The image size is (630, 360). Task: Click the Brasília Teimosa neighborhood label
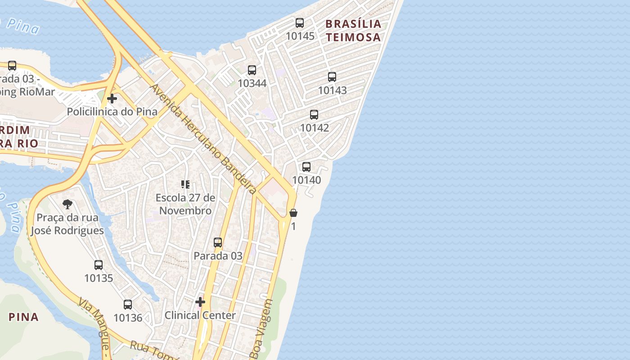pyautogui.click(x=353, y=30)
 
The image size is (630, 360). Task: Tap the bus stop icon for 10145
pyautogui.click(x=300, y=23)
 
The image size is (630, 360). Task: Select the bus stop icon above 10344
pyautogui.click(x=252, y=70)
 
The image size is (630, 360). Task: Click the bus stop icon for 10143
pyautogui.click(x=332, y=77)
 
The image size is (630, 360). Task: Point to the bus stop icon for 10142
pyautogui.click(x=314, y=115)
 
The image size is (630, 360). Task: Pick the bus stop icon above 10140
pyautogui.click(x=306, y=167)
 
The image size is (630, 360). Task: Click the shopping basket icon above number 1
pyautogui.click(x=293, y=213)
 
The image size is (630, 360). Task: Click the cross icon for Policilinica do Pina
pyautogui.click(x=112, y=98)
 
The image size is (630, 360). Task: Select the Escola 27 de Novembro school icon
pyautogui.click(x=185, y=184)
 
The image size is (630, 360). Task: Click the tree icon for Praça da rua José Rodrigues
pyautogui.click(x=67, y=205)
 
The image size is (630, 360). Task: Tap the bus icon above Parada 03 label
pyautogui.click(x=218, y=243)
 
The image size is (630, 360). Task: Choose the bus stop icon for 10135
pyautogui.click(x=99, y=265)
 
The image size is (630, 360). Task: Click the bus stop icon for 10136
pyautogui.click(x=128, y=305)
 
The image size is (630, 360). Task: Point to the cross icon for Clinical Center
pyautogui.click(x=200, y=302)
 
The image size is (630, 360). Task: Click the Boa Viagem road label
pyautogui.click(x=262, y=328)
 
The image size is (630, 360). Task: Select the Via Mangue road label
pyautogui.click(x=94, y=322)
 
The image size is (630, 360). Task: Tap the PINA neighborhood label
pyautogui.click(x=24, y=317)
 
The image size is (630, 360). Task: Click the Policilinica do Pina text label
pyautogui.click(x=112, y=112)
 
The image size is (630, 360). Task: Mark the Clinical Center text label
pyautogui.click(x=200, y=315)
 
